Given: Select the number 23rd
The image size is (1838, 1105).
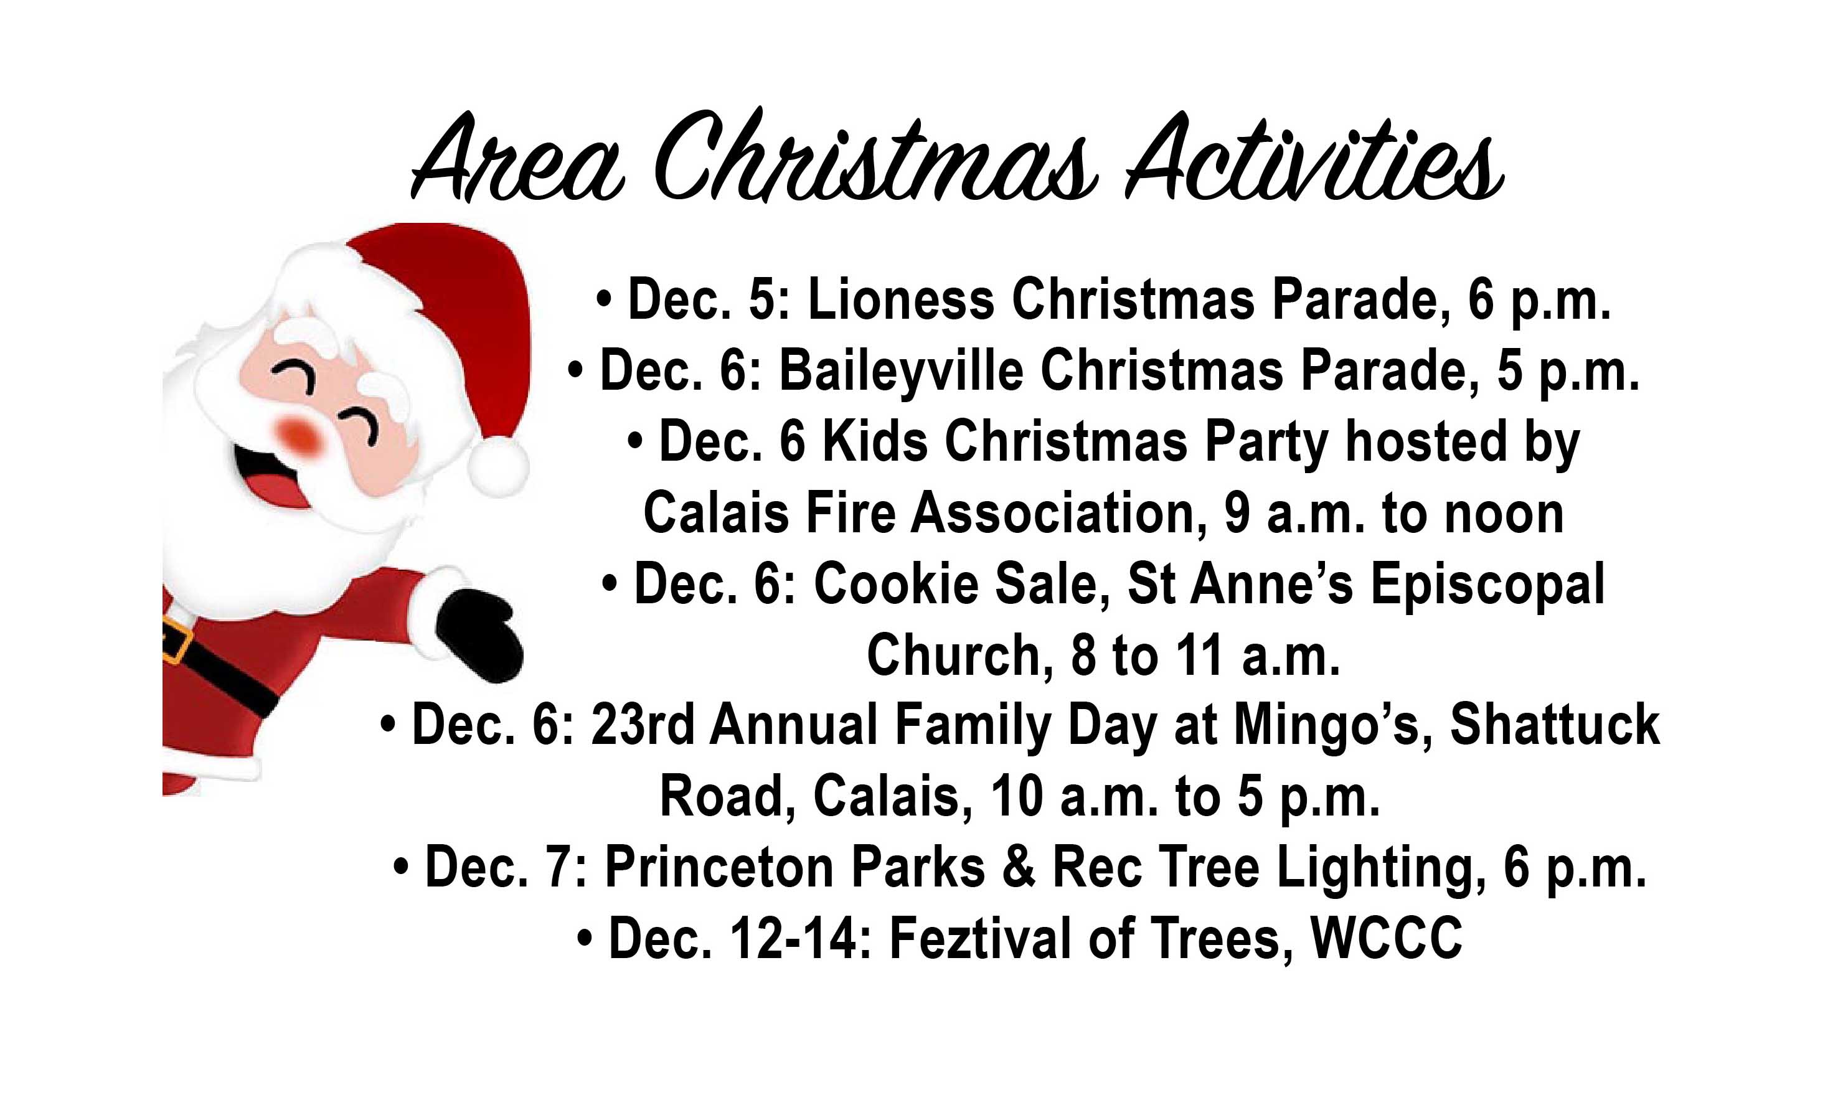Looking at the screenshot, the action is point(643,725).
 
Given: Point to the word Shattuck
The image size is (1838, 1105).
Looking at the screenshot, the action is point(1555,725).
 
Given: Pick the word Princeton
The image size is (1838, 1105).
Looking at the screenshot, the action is point(719,867).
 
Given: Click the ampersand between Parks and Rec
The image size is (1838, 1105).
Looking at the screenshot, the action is point(1019,867).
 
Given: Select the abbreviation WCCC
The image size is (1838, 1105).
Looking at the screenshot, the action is point(1387,938).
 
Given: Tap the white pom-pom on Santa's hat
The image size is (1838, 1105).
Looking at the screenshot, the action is point(497,466).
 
